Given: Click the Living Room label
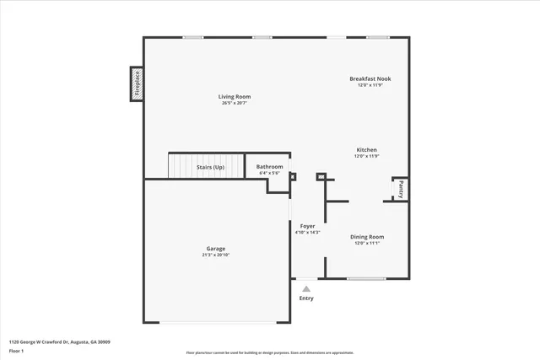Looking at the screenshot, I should point(235,97).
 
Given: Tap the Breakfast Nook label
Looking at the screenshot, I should point(370,79).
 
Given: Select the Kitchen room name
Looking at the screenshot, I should point(366,150).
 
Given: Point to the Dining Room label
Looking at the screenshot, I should point(367,237).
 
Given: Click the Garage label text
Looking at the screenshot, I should point(216,249).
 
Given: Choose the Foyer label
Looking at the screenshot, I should point(307,226).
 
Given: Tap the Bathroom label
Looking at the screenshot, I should point(269,167).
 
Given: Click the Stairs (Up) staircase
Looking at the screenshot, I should point(207,166).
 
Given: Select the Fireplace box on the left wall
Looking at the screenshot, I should point(136,84).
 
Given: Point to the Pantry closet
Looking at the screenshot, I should point(401,189).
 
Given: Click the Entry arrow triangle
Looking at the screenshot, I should point(306,288).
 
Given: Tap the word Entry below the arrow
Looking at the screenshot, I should point(306,298).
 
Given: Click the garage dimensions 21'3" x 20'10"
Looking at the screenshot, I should point(216,255).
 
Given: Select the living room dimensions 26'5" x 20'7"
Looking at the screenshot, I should point(235,103).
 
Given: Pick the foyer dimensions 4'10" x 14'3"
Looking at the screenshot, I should point(307,232).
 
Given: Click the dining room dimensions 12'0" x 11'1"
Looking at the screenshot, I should point(367,243).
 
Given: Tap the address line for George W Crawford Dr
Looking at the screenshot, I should point(59,342).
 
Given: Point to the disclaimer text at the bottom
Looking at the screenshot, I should point(270,353).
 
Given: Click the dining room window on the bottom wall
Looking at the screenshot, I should point(366,279).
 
